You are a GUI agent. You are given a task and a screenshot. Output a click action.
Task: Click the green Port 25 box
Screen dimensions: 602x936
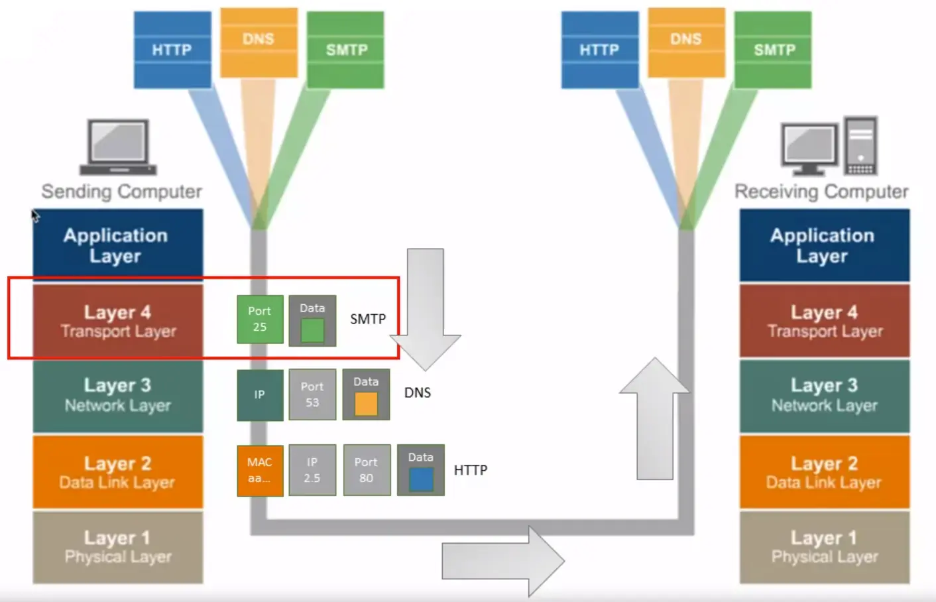pos(260,319)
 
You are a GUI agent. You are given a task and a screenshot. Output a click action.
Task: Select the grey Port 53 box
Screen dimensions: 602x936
pos(312,394)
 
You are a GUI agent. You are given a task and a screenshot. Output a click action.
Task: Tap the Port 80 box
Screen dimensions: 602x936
pos(366,470)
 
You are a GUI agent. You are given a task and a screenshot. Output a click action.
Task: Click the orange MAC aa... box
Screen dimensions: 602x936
pos(260,470)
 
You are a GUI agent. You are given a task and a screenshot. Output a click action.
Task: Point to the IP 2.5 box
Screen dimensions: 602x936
pos(312,470)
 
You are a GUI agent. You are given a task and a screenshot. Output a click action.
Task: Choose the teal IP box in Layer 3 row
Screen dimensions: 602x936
pos(260,394)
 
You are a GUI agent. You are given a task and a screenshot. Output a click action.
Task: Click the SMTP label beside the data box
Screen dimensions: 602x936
pos(368,319)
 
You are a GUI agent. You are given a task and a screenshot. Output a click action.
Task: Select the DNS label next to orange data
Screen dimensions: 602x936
pos(418,392)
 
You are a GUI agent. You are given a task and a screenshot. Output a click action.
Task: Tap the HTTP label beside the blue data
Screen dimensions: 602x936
pos(471,470)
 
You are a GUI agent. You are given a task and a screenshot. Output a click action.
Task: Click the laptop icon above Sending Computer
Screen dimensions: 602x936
pos(118,147)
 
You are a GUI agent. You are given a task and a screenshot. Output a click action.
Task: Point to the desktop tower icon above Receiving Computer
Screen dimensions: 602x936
pos(860,146)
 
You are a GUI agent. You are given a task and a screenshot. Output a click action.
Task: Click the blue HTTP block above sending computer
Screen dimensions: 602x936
pos(172,50)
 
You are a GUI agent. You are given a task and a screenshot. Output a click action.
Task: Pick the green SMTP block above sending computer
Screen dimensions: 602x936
pos(346,50)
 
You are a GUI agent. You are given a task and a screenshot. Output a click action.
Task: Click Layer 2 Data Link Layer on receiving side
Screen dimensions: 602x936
pos(824,472)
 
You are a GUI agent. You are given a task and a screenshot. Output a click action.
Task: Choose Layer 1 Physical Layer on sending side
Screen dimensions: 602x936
pos(118,547)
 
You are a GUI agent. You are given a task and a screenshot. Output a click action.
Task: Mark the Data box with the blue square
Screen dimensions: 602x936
pos(420,470)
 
